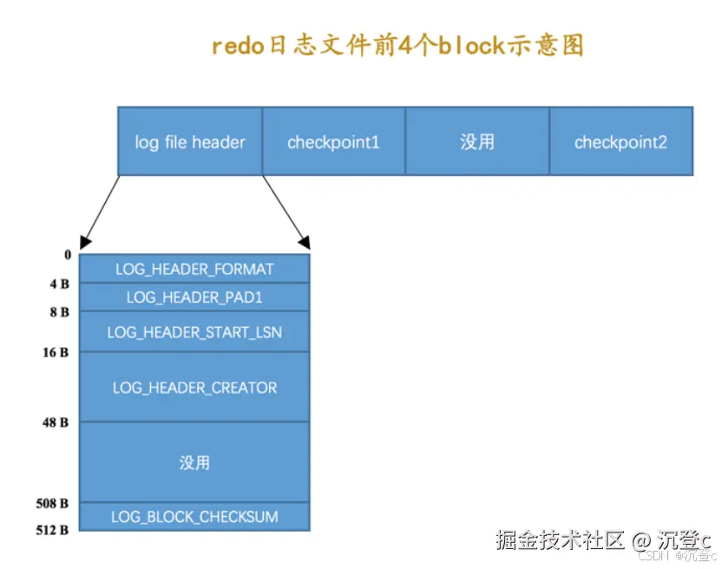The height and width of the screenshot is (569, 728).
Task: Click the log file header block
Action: [x=190, y=141]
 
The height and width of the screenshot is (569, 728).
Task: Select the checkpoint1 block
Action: [x=333, y=141]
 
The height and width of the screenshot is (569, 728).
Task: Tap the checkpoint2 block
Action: [x=620, y=141]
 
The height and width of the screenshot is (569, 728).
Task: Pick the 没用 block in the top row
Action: [x=477, y=141]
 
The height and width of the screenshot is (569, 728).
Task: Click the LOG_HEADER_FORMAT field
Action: [x=194, y=269]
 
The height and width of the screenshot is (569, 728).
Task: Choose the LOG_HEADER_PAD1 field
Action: [x=194, y=298]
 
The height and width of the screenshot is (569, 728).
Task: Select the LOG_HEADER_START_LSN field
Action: [x=194, y=332]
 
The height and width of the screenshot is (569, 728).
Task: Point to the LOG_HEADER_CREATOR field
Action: [x=194, y=388]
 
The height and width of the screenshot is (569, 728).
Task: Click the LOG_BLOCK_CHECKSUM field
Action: [x=194, y=517]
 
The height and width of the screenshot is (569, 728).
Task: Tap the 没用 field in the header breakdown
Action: [x=194, y=462]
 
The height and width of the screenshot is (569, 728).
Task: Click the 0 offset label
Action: [x=67, y=255]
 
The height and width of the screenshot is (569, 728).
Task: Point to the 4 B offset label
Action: [x=60, y=284]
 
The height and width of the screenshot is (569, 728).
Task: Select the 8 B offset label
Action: [x=60, y=311]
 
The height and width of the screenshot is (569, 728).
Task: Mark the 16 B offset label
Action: [x=56, y=352]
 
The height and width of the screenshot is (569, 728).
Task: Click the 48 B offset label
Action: [x=56, y=422]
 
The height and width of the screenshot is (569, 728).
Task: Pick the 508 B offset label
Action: [x=53, y=503]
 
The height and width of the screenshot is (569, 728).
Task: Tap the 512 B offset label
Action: [x=53, y=530]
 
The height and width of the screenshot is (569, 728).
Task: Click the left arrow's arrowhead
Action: [x=84, y=243]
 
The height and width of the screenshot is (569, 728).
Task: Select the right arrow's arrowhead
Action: [x=303, y=242]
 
